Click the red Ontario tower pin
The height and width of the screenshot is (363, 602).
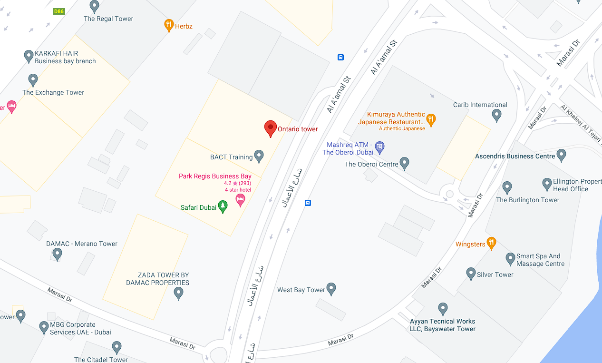pyautogui.click(x=270, y=128)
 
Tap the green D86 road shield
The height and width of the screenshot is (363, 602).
pyautogui.click(x=59, y=11)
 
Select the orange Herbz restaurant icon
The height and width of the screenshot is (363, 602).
pyautogui.click(x=169, y=25)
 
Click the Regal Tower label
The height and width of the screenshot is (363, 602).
pyautogui.click(x=108, y=19)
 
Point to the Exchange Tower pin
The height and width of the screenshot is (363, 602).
pyautogui.click(x=33, y=79)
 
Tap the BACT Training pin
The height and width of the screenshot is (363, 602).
pyautogui.click(x=259, y=155)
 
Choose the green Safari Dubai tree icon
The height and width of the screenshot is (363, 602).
pyautogui.click(x=223, y=206)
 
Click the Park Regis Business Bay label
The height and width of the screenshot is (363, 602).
pyautogui.click(x=215, y=176)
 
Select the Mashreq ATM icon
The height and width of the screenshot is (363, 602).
pyautogui.click(x=379, y=147)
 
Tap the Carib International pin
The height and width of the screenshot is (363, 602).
pyautogui.click(x=496, y=115)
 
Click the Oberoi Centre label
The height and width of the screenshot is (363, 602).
pyautogui.click(x=371, y=164)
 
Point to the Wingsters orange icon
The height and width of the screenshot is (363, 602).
pyautogui.click(x=491, y=243)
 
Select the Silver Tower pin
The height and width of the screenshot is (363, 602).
pyautogui.click(x=471, y=273)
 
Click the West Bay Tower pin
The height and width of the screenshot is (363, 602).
pyautogui.click(x=331, y=288)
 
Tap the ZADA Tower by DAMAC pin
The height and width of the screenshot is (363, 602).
pyautogui.click(x=178, y=293)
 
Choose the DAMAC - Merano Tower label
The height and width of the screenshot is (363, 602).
pyautogui.click(x=82, y=244)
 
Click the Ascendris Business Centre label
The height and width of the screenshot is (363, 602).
pyautogui.click(x=515, y=156)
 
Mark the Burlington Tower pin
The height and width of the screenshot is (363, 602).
pyautogui.click(x=507, y=187)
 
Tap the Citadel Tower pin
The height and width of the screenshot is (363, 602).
pyautogui.click(x=117, y=347)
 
